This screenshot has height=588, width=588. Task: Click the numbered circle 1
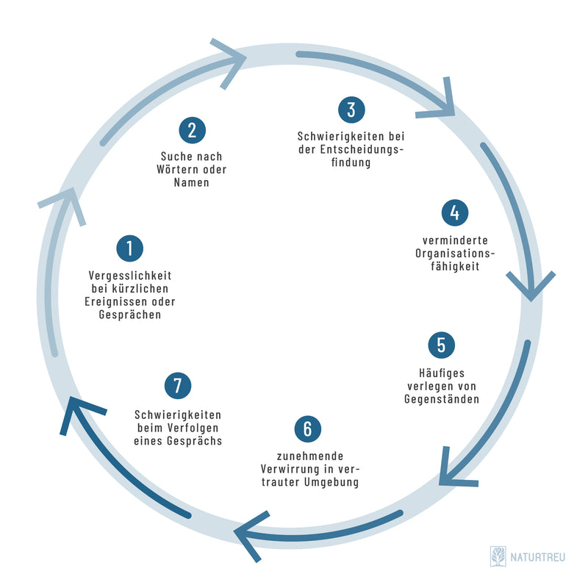129,248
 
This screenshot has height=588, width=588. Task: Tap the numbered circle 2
192,131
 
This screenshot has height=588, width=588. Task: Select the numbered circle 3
351,110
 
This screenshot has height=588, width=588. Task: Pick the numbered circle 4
455,212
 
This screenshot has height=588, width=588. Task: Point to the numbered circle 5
441,345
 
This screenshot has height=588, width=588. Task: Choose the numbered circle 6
308,429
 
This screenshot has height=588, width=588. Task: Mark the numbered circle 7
178,384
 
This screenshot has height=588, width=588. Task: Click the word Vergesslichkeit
129,276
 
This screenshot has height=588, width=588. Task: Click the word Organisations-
456,254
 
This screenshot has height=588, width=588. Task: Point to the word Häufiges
441,373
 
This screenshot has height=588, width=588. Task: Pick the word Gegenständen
441,400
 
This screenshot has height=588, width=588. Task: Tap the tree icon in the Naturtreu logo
498,556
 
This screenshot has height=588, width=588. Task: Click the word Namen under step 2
192,183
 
